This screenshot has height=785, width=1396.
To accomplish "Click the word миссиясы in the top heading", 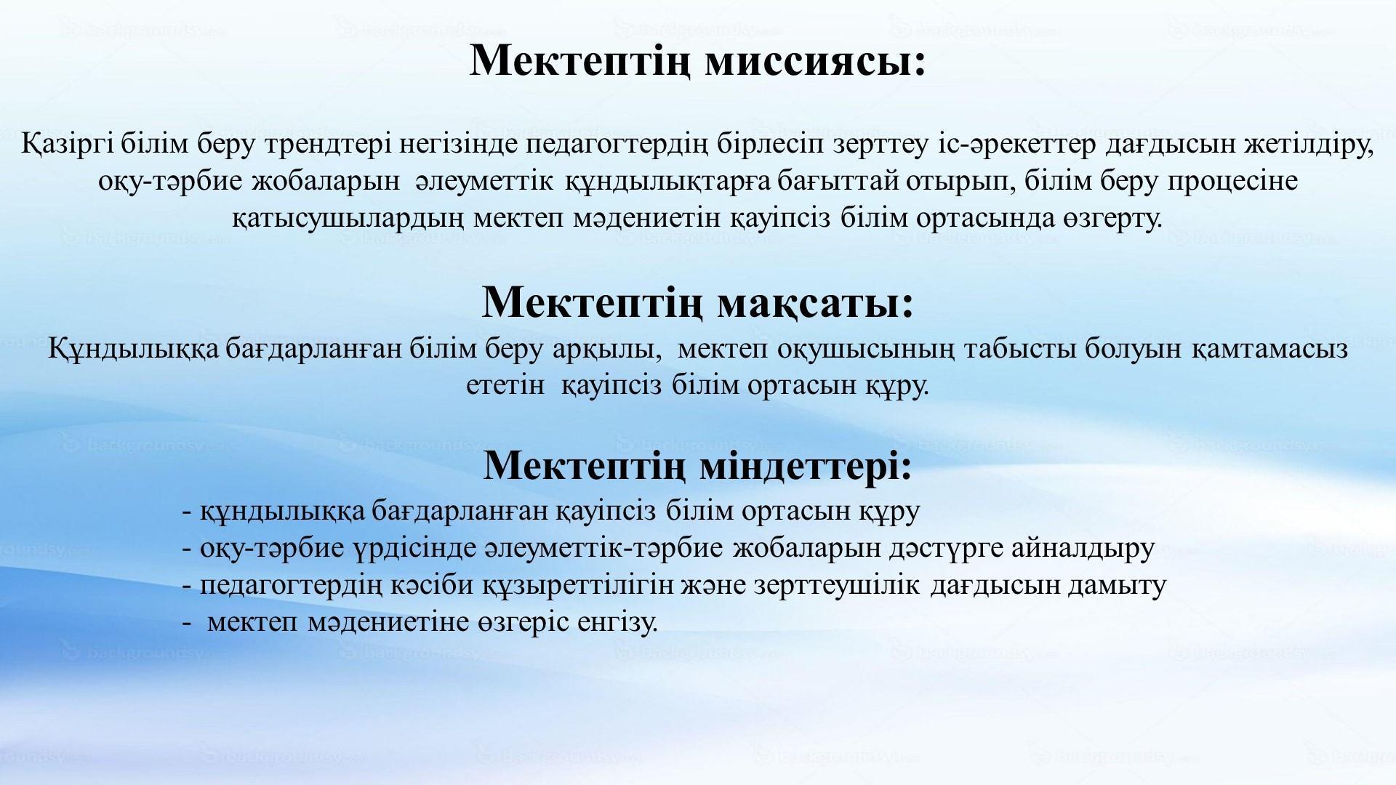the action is (x=816, y=61).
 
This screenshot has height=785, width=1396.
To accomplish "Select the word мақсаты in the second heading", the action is (x=815, y=303).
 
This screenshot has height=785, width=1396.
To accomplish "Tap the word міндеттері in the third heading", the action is (x=806, y=466).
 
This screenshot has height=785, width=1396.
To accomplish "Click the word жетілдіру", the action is (x=1311, y=145).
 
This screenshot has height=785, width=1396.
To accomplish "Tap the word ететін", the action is (x=505, y=385).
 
